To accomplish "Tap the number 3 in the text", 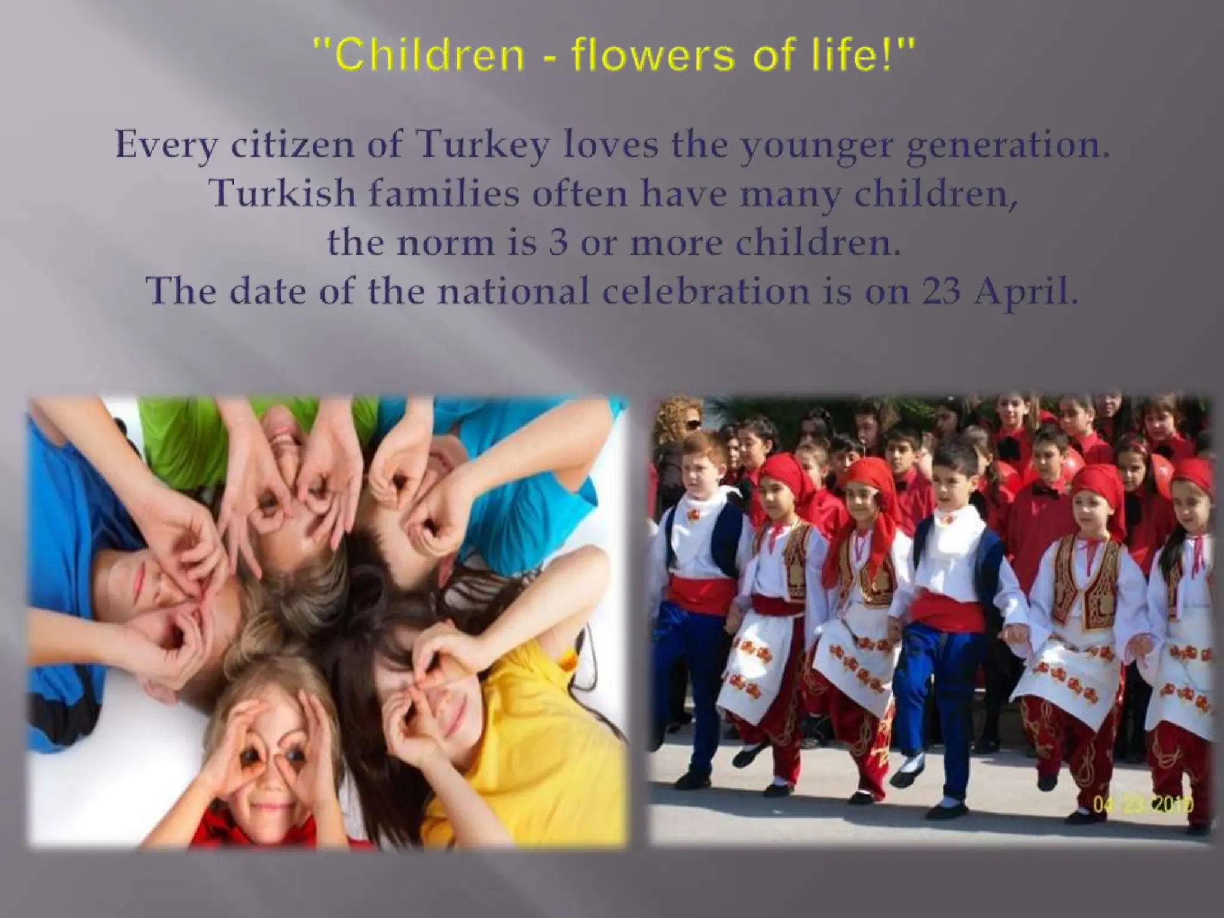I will tap(558, 243).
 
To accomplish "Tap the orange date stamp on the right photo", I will tap(1142, 805).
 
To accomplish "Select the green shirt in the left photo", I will tap(197, 442).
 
